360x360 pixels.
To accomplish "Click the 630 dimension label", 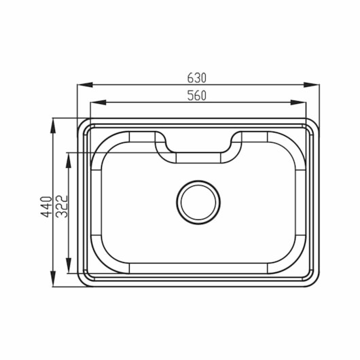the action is [x=197, y=78].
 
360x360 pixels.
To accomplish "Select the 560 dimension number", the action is [x=197, y=96].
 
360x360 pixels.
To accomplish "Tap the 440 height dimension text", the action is [x=46, y=206].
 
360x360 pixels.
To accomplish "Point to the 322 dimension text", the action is [x=62, y=206].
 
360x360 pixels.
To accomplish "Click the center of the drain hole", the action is [x=198, y=202].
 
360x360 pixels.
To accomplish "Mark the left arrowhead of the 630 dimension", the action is [x=85, y=85].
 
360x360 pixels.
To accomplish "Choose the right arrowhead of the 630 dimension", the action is [x=311, y=85].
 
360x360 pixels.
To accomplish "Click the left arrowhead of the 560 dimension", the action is [x=98, y=103].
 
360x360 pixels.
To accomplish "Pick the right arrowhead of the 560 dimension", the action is [x=298, y=103].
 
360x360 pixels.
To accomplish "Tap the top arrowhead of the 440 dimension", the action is [x=53, y=126].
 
